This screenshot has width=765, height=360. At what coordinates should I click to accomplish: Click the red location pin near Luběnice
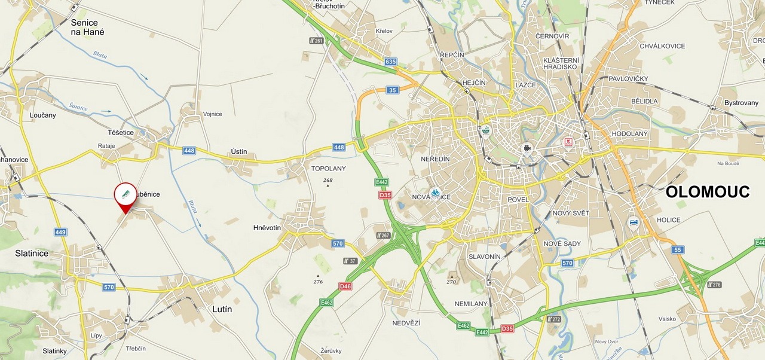click(x=126, y=195)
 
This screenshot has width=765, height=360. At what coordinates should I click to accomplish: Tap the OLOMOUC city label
click(x=707, y=192)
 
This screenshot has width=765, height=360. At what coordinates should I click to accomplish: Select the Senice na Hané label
click(x=87, y=28)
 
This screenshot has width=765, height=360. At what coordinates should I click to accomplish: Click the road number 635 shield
click(x=391, y=62)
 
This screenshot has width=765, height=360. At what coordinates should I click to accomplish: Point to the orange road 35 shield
click(x=392, y=90)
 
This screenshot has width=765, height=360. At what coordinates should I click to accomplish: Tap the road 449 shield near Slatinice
click(x=60, y=232)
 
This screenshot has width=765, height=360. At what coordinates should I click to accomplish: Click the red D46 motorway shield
click(x=345, y=286)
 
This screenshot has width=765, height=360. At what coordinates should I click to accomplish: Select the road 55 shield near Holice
click(x=677, y=249)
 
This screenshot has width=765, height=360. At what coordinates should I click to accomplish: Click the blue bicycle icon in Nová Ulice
click(x=435, y=193)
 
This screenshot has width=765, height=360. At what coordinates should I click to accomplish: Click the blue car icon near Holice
click(x=633, y=223)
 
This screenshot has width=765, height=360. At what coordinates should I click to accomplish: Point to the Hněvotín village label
click(x=267, y=228)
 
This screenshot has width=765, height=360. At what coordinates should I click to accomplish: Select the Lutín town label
click(x=222, y=309)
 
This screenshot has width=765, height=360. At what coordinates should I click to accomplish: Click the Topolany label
click(x=328, y=169)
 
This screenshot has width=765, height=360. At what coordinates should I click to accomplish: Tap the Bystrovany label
click(x=741, y=103)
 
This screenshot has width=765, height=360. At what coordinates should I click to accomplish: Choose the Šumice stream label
click(x=78, y=107)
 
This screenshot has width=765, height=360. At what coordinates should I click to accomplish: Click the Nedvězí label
click(x=406, y=323)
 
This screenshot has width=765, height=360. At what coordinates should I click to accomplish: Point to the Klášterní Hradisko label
click(x=561, y=63)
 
